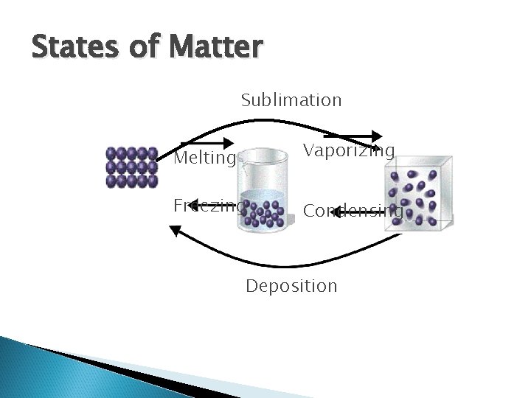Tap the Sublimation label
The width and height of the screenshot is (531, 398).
click(291, 99)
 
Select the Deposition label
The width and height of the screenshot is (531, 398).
click(291, 285)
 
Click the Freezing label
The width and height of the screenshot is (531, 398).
click(207, 205)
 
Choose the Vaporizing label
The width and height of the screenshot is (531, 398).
click(349, 150)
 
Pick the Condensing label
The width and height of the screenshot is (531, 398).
click(353, 211)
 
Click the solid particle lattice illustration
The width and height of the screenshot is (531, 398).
click(131, 168)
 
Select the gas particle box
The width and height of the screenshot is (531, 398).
click(418, 195)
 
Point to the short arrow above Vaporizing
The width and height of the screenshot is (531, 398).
click(353, 136)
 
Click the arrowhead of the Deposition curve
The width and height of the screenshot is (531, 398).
click(176, 231)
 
